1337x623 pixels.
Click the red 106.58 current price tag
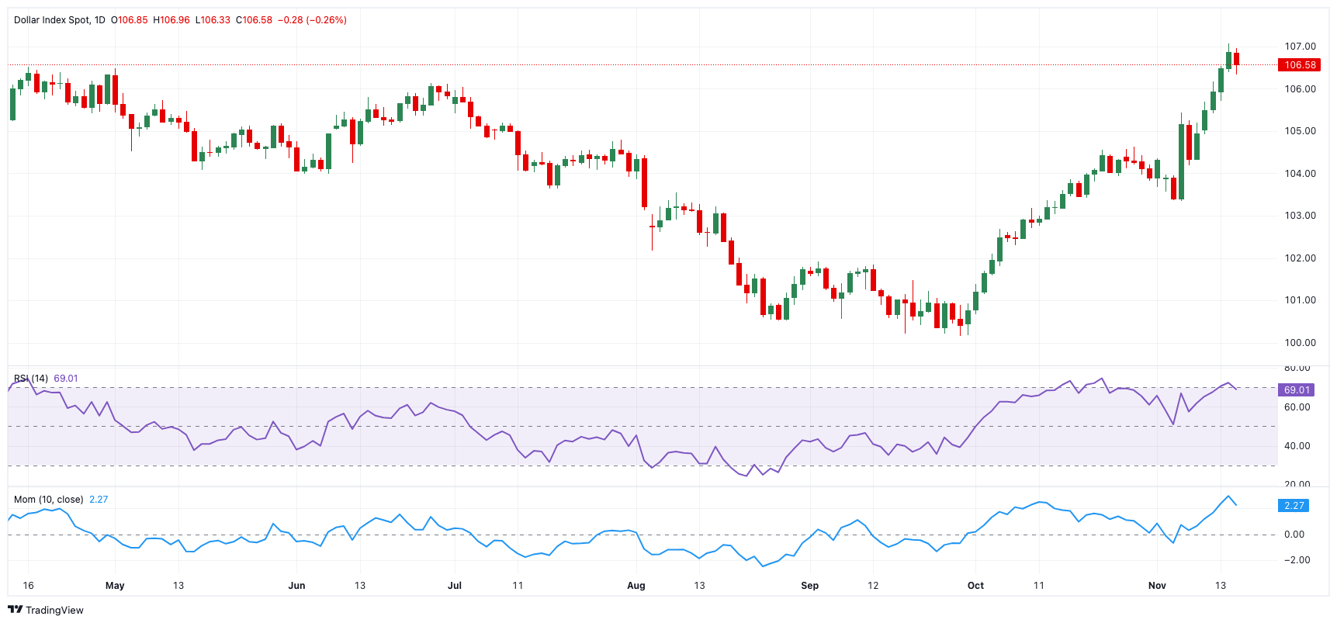tap(1299, 65)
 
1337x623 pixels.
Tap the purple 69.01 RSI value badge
tap(1297, 390)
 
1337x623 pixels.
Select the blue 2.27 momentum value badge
tap(1294, 506)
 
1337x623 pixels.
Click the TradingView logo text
tap(46, 610)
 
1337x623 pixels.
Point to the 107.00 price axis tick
tap(1300, 47)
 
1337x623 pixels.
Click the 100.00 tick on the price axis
tap(1300, 343)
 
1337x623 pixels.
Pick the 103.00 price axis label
tap(1300, 216)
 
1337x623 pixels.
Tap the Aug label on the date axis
tap(636, 586)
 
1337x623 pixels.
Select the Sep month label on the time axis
tap(809, 586)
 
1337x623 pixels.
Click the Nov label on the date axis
tap(1157, 586)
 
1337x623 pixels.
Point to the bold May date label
tap(115, 586)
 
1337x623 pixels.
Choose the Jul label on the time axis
tap(455, 586)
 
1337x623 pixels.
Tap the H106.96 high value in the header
tap(171, 20)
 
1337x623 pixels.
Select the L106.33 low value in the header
tap(213, 20)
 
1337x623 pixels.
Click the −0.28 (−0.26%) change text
tap(312, 20)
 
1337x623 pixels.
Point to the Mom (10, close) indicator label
tap(48, 500)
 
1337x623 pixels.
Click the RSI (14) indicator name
tap(31, 379)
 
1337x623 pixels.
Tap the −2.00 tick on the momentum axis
tap(1297, 560)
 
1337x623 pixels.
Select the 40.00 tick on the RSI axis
tap(1297, 446)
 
